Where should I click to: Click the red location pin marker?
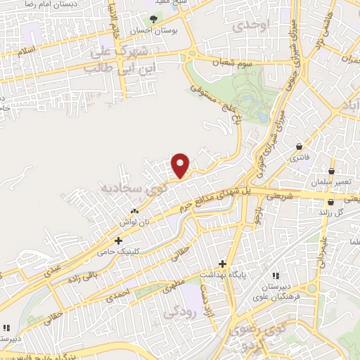[x=181, y=166]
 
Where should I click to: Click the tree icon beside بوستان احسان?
[x=152, y=20]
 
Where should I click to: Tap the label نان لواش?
[x=134, y=221]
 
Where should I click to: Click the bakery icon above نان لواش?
[x=134, y=211]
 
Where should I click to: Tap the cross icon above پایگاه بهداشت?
[x=223, y=264]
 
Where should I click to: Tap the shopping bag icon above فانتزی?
[x=301, y=147]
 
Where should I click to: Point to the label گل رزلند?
[x=330, y=212]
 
